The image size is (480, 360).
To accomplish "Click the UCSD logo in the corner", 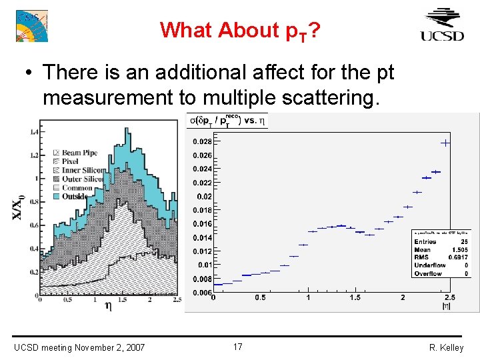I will coord(442,25).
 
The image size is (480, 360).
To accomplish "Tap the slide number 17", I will coord(238,347).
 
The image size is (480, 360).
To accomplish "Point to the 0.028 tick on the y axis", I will coord(202,141).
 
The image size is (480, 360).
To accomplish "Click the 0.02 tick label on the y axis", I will coord(203,197).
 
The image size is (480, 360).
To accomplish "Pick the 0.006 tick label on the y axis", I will coord(202,293).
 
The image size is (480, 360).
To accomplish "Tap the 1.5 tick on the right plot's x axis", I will coord(355,297).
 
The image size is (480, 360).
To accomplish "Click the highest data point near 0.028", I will coord(445,143).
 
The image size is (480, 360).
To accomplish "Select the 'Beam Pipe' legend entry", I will coord(79,153).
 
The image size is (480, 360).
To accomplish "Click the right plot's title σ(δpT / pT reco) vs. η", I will coord(226,121).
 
